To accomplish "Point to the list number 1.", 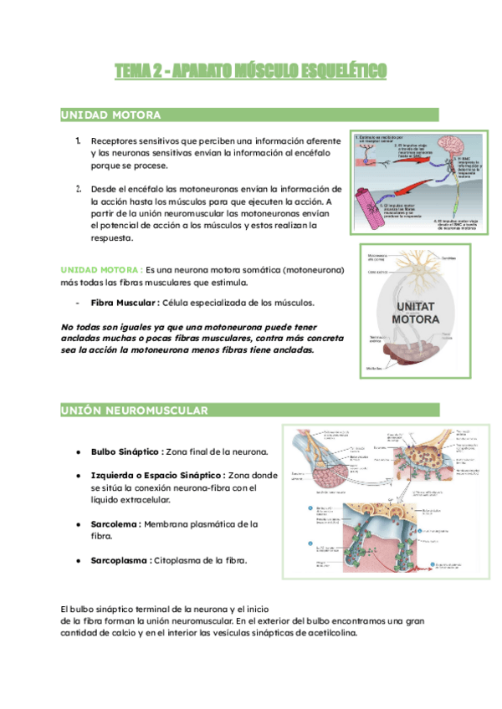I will [77, 140].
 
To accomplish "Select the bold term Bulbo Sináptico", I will [126, 451].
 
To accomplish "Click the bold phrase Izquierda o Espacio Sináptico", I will [158, 475].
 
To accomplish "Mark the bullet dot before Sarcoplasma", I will [78, 560].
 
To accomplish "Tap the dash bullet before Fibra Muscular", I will [77, 302].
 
